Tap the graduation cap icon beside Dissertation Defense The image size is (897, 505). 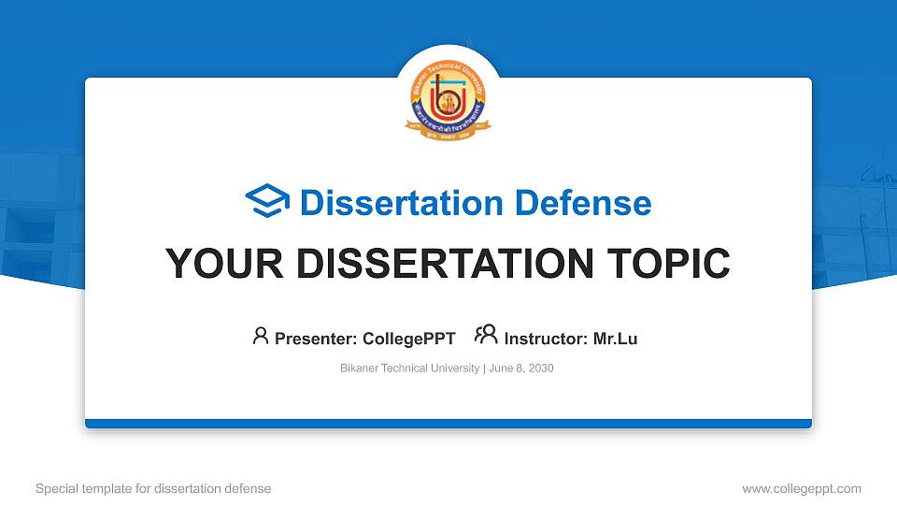(267, 202)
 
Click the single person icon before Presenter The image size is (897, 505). (261, 336)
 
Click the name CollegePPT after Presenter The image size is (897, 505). (407, 339)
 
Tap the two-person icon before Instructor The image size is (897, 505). (486, 336)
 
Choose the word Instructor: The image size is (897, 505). (547, 339)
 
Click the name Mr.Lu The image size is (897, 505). (616, 339)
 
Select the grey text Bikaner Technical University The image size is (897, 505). (409, 368)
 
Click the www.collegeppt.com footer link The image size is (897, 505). (802, 488)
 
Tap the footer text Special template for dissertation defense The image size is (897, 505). (153, 488)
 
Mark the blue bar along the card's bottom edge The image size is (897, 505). (448, 424)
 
